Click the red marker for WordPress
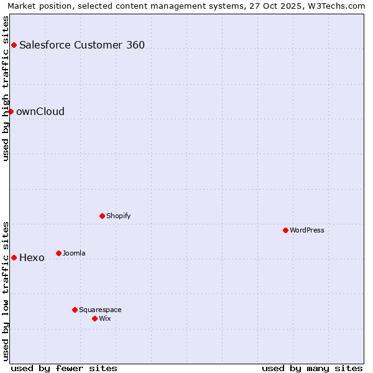click(285, 230)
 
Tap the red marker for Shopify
click(102, 216)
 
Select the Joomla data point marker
click(58, 253)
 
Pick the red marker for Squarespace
click(75, 310)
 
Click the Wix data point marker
click(94, 318)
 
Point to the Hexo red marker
click(14, 257)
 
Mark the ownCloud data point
click(11, 111)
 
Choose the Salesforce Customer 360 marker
click(14, 45)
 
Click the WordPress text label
click(307, 230)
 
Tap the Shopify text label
click(118, 216)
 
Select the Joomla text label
click(74, 253)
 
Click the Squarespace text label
click(100, 310)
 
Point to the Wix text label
click(105, 318)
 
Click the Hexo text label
click(32, 257)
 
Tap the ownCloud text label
click(40, 111)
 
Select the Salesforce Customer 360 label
click(82, 45)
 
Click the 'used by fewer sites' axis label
click(64, 368)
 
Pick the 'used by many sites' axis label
click(312, 368)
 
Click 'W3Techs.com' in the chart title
click(339, 6)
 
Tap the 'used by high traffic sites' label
click(6, 88)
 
